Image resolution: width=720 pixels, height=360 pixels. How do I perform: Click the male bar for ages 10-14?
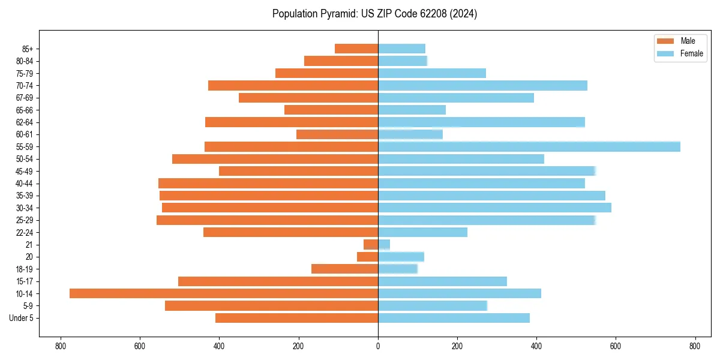(x=224, y=293)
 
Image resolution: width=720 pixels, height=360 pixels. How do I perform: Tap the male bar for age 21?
(x=371, y=244)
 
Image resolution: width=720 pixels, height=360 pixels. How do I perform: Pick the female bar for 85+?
(x=401, y=49)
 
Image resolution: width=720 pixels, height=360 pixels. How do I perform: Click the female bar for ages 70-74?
(x=482, y=85)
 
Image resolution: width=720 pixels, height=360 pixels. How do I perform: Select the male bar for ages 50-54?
(x=275, y=159)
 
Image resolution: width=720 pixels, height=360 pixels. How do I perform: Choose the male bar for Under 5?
(x=296, y=318)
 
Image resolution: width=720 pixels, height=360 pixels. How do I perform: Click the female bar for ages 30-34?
(x=494, y=208)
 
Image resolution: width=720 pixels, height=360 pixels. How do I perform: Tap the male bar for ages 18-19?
(x=344, y=269)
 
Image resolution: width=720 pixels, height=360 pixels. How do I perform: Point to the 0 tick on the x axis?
(x=378, y=346)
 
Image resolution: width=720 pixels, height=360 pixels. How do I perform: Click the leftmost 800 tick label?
(x=60, y=346)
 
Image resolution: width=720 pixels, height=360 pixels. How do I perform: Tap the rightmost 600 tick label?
(x=616, y=346)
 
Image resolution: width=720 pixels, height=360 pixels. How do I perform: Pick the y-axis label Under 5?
(x=22, y=318)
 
